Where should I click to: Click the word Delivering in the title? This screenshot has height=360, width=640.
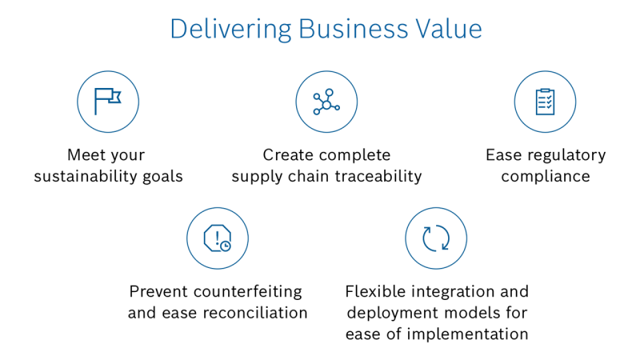(230, 30)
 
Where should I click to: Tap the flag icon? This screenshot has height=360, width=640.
(108, 102)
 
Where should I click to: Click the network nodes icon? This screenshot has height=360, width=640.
(326, 102)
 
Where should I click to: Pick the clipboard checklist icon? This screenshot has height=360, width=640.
(545, 102)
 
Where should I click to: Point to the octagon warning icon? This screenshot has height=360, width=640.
(218, 238)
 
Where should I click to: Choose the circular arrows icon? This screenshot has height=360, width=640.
(436, 238)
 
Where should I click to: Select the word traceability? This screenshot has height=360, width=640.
(378, 176)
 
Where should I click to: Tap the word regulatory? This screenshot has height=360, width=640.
(566, 155)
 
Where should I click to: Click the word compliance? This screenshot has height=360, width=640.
(546, 177)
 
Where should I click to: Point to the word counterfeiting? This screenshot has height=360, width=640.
(248, 292)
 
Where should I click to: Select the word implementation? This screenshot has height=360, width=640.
(467, 334)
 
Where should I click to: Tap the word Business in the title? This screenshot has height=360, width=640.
(353, 29)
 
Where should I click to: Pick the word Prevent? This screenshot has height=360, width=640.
(158, 292)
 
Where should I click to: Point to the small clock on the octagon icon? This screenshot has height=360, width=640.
(226, 246)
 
